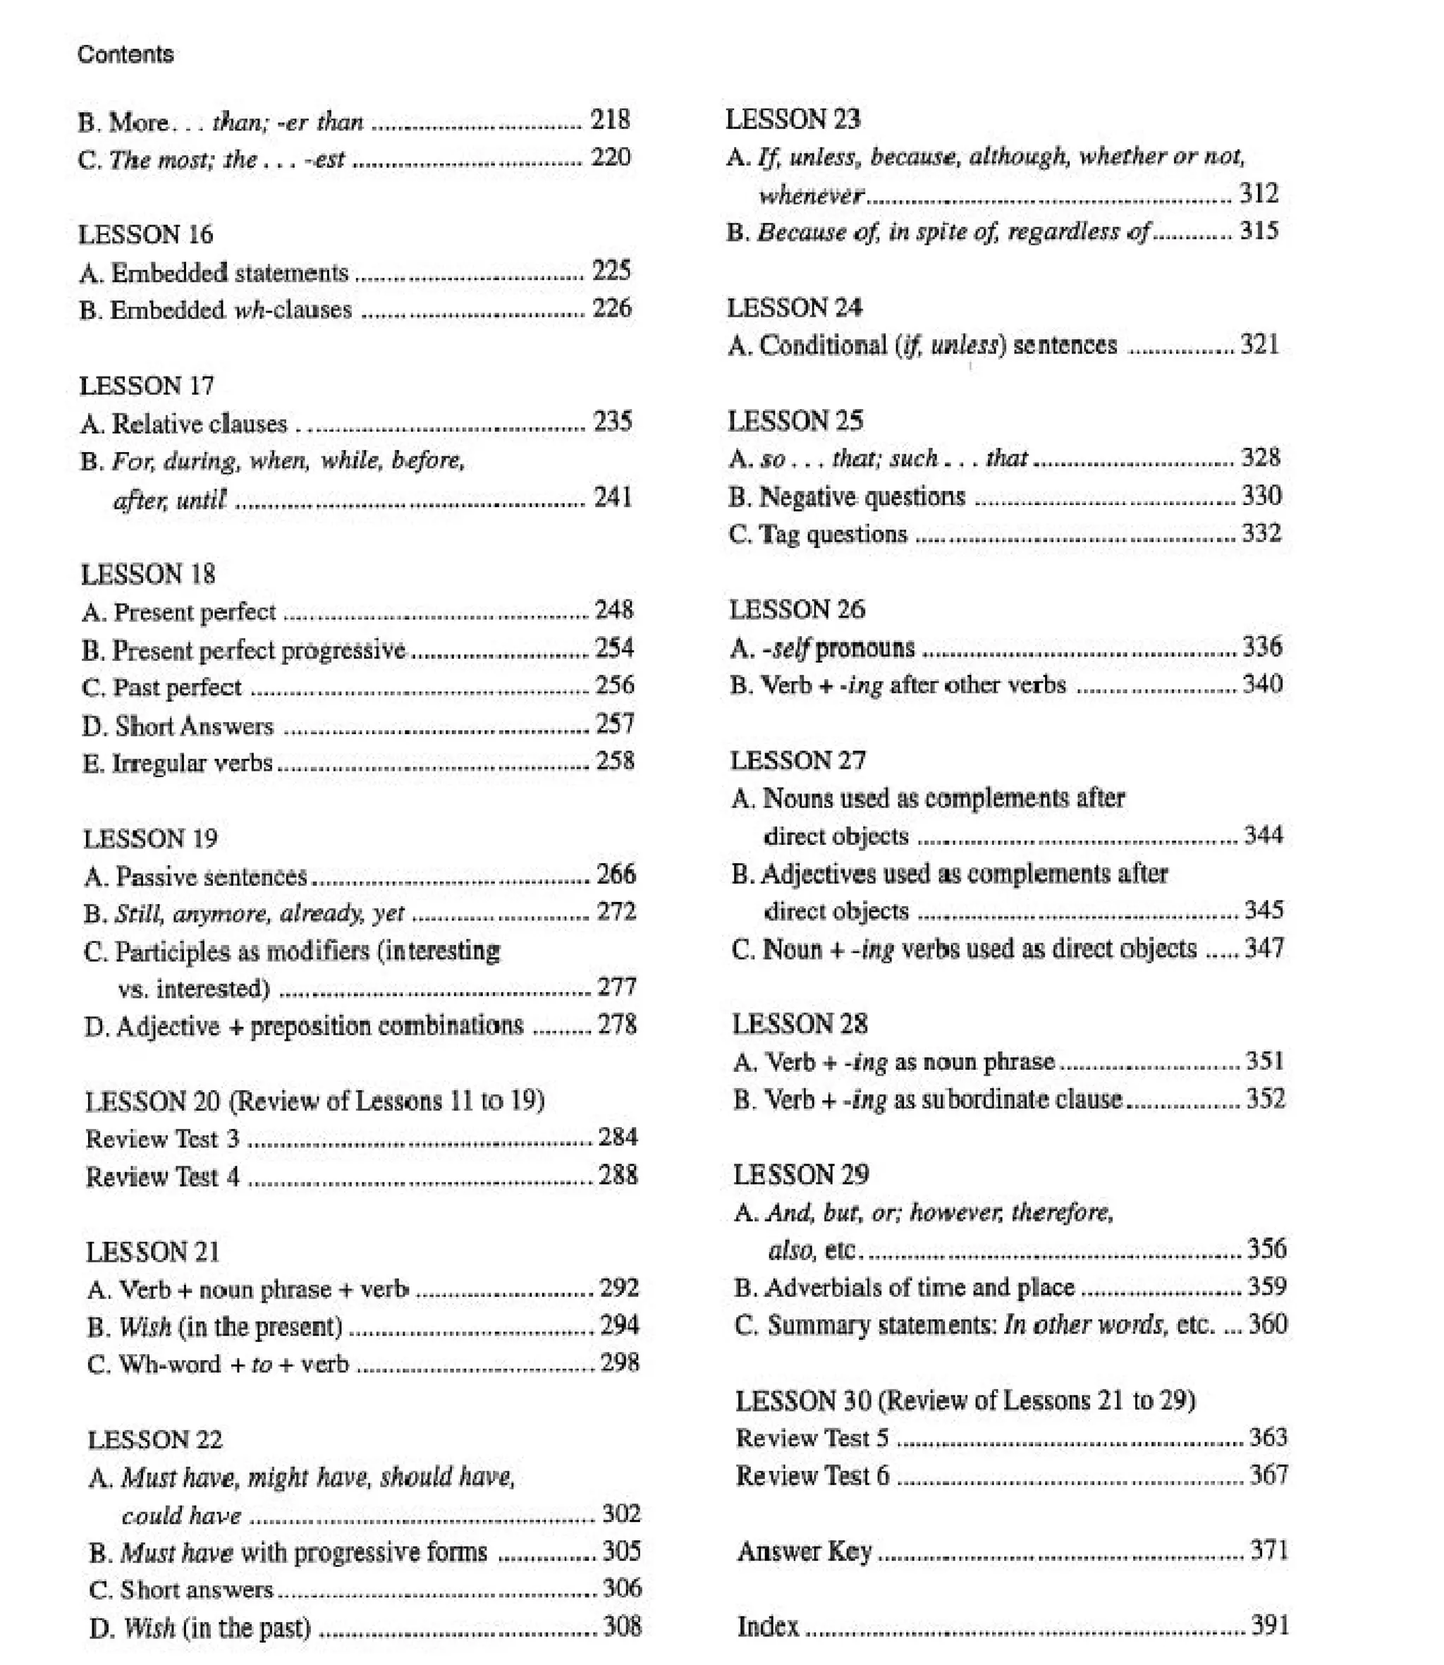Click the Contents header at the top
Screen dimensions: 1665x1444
126,55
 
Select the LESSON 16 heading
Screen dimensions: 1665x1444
146,235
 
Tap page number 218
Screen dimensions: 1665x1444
610,120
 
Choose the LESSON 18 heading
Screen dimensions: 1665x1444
148,575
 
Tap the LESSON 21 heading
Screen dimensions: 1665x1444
153,1252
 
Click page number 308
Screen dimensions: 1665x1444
622,1626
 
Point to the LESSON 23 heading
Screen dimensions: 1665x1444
793,119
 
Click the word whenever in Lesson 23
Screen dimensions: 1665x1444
812,195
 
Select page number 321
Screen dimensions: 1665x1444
1259,345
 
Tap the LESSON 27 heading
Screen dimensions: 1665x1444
797,760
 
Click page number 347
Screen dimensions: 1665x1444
1263,948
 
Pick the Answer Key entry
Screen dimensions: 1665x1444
804,1551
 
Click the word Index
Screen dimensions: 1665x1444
768,1626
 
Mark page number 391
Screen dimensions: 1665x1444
1269,1625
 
